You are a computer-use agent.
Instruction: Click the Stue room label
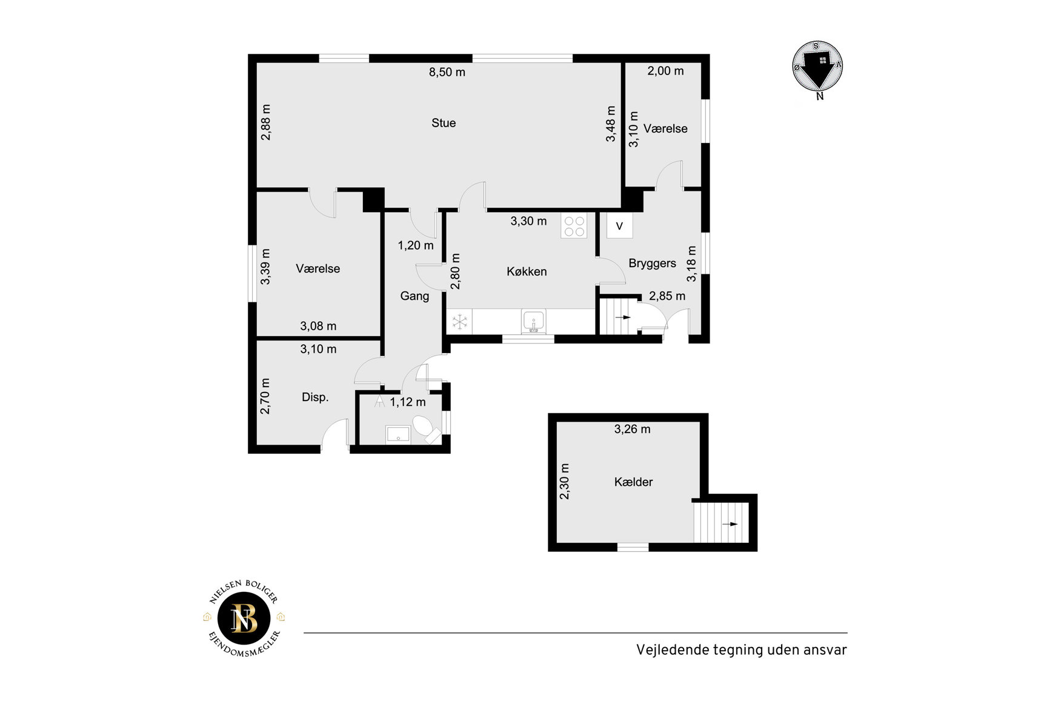pos(444,123)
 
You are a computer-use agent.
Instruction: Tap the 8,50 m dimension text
pos(447,72)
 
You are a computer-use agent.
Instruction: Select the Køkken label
pos(527,271)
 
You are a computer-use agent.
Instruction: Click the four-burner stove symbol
pos(574,226)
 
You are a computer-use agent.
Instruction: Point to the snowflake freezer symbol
pos(460,322)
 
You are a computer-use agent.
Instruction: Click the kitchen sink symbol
pos(533,321)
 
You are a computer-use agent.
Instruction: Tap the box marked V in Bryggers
pos(619,226)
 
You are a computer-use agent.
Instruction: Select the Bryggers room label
pos(652,264)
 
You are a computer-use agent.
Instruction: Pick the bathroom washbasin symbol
pos(397,435)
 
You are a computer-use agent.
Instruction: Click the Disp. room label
pos(315,397)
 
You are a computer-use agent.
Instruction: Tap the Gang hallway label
pos(414,296)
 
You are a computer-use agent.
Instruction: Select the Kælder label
pos(633,482)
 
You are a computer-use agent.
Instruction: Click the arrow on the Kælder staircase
pos(730,524)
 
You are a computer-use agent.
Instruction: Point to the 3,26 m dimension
pos(632,430)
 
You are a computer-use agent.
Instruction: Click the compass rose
pos(817,67)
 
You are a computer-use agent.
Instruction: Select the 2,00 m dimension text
pos(665,71)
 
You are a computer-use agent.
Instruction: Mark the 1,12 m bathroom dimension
pos(408,402)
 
